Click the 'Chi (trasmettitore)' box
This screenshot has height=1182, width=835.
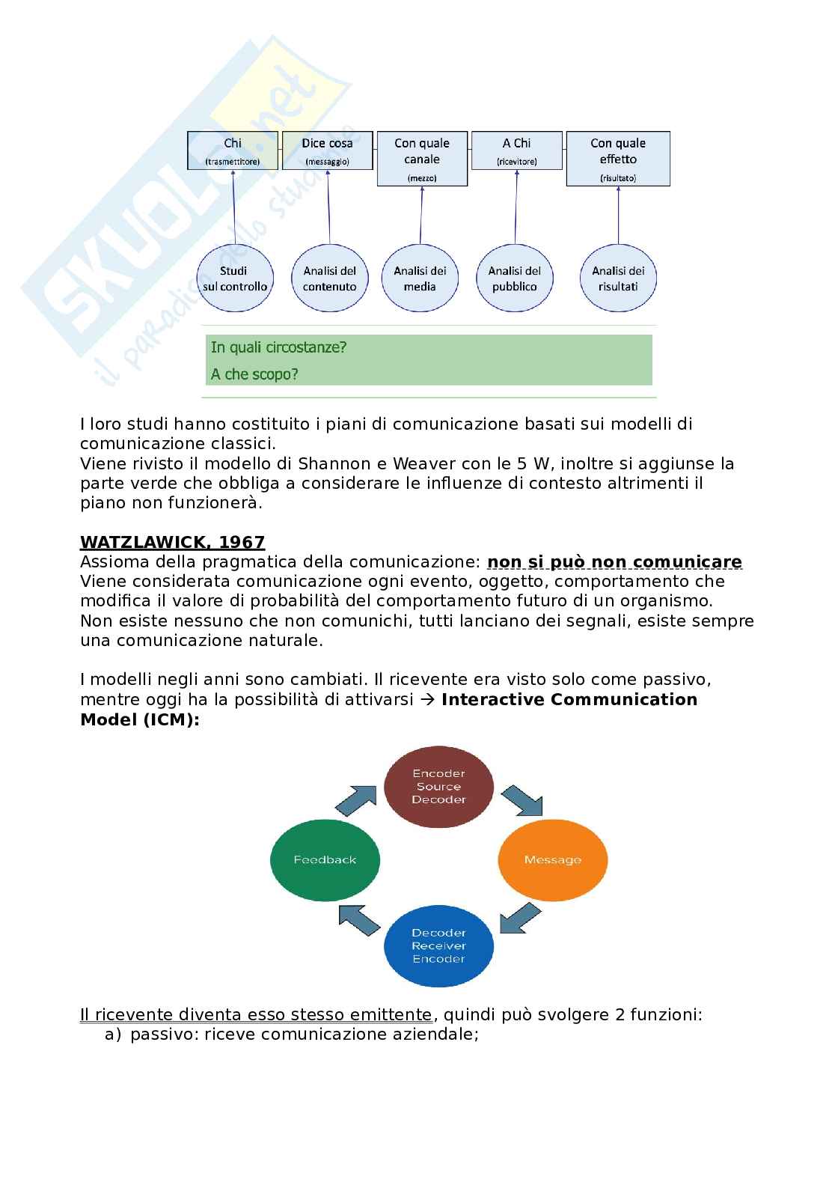coord(233,150)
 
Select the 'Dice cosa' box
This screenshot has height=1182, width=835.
coord(327,150)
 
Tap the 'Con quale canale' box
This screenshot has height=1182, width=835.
coord(421,159)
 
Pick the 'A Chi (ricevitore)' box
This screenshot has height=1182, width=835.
coord(516,150)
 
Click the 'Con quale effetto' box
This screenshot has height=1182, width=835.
coord(617,159)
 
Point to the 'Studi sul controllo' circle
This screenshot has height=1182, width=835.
coord(234,278)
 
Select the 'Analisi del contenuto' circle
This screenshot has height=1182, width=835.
coord(329,278)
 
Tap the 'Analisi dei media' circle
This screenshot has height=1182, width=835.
coord(420,278)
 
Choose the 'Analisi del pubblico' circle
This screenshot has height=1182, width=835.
coord(515,278)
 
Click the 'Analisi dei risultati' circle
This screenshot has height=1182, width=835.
coord(618,278)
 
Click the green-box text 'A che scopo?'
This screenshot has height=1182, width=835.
coord(254,374)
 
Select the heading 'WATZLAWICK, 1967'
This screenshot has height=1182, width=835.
coord(172,542)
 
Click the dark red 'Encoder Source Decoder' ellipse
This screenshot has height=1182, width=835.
coord(438,786)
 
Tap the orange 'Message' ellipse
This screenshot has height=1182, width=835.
coord(553,859)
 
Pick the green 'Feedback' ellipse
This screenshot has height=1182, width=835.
coord(325,859)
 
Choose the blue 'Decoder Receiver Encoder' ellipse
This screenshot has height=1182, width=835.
coord(438,945)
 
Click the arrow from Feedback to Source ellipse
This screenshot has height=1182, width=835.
coord(355,802)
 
